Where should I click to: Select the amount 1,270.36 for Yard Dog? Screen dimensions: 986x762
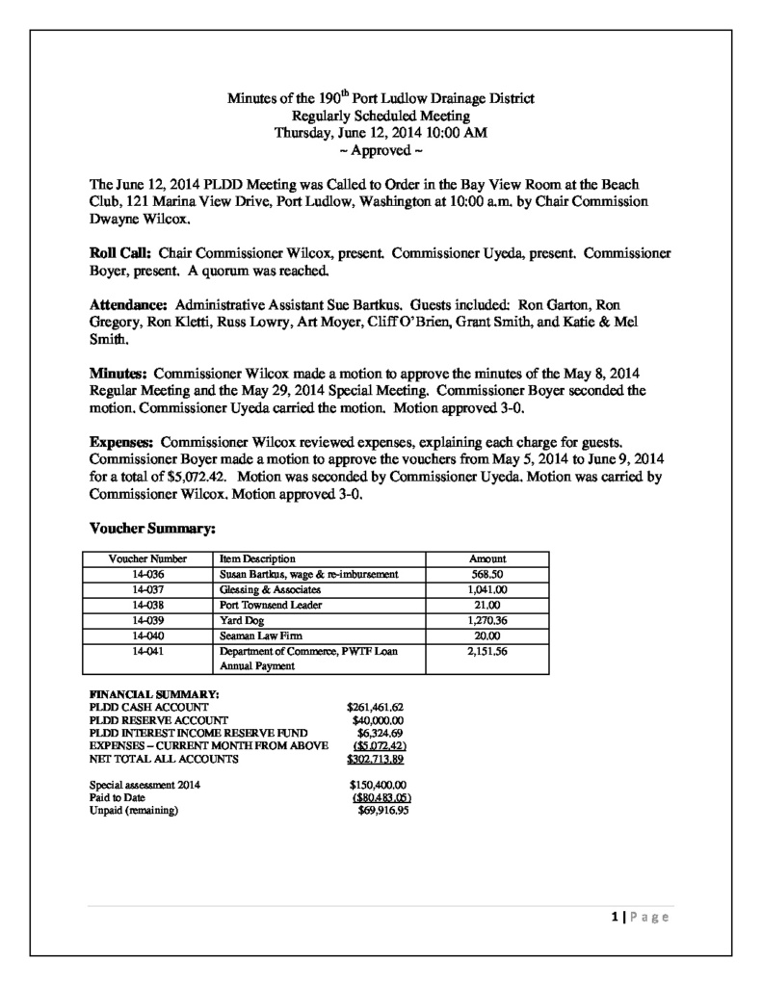click(486, 620)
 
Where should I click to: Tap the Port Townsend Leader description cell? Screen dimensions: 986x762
click(270, 605)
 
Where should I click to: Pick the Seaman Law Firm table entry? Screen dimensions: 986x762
click(257, 636)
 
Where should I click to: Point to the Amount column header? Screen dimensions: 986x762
click(486, 558)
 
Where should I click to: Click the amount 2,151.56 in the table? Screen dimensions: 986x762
click(486, 651)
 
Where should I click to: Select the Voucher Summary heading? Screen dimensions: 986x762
click(151, 528)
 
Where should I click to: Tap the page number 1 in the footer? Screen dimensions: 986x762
click(614, 916)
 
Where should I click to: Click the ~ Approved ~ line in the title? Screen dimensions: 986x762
click(381, 151)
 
